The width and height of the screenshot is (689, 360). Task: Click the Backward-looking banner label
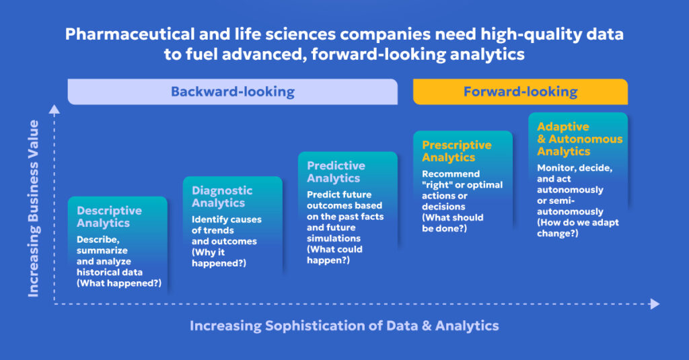tap(232, 92)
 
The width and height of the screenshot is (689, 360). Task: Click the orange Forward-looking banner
tap(520, 92)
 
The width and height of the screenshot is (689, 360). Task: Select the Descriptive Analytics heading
tap(109, 217)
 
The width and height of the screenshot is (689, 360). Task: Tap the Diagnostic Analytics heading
tap(222, 196)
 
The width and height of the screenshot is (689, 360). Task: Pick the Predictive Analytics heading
tap(336, 172)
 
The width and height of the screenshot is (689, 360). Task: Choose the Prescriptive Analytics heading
tap(456, 151)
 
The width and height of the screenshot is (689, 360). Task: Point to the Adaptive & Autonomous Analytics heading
tap(579, 139)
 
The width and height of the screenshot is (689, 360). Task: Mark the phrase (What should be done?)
tap(452, 223)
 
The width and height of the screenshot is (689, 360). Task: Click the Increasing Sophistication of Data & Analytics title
tap(344, 326)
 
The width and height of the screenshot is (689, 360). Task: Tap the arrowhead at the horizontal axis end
tap(655, 304)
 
